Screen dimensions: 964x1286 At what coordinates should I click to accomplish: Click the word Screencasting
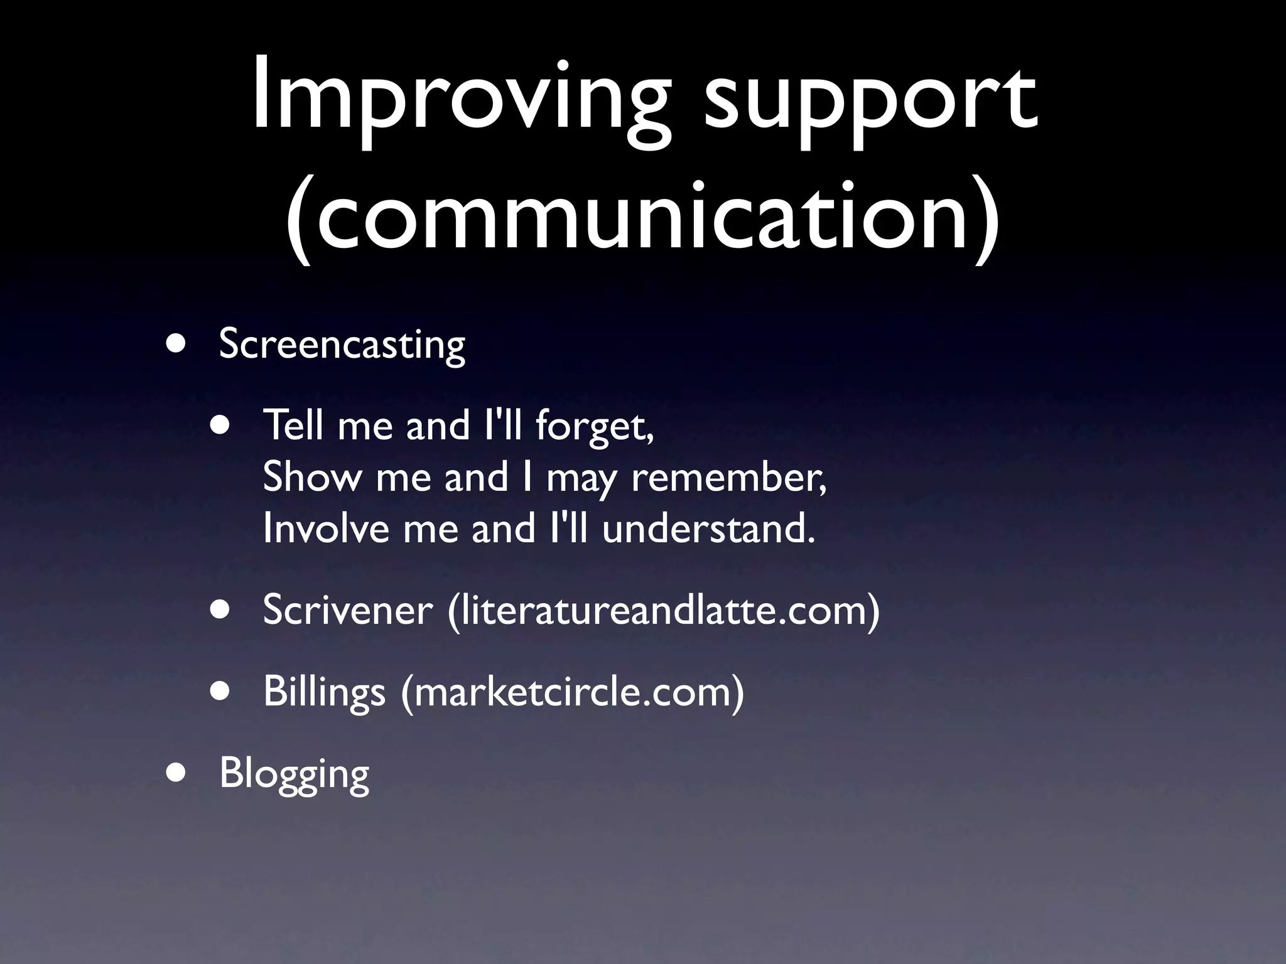(x=342, y=345)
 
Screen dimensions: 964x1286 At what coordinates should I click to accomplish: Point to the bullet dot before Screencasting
(x=176, y=345)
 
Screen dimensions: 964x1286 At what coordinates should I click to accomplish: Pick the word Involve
(x=326, y=528)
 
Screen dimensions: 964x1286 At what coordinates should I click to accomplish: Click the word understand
(x=707, y=528)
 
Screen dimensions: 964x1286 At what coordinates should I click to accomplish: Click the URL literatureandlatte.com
(x=664, y=609)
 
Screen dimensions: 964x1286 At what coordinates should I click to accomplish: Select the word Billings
(x=324, y=692)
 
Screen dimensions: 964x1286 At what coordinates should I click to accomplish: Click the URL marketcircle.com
(x=572, y=692)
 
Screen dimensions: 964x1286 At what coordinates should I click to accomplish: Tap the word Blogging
(x=294, y=774)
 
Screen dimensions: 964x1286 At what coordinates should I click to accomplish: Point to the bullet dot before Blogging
(x=176, y=774)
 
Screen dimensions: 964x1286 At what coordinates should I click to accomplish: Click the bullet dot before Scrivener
(x=220, y=609)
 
